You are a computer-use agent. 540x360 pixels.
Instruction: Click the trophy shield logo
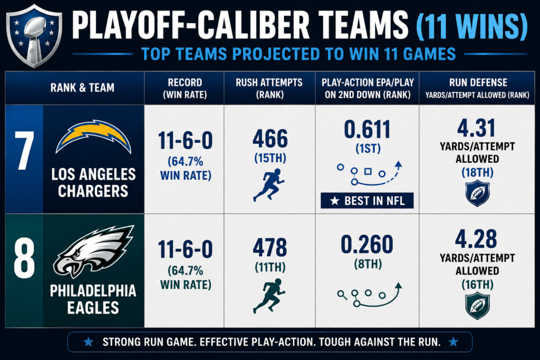coord(34,36)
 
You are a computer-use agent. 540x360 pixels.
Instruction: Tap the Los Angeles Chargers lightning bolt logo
coord(93,137)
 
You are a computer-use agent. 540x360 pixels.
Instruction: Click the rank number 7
coord(24,151)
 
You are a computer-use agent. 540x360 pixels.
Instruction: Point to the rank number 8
coord(24,258)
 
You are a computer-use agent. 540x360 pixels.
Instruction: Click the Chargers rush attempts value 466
coord(270,139)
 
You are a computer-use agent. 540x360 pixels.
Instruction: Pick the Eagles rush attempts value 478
coord(270,247)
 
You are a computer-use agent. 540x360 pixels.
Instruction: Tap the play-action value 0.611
coord(368,130)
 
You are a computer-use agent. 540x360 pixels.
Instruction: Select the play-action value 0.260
coord(367,244)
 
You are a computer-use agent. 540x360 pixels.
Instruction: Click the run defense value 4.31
coord(477,128)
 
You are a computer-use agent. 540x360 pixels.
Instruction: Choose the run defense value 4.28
coord(476,239)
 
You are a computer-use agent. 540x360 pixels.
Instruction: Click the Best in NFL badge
coord(367,200)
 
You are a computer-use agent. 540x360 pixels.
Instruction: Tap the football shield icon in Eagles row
coord(477,305)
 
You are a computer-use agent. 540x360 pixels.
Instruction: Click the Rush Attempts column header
coord(269,88)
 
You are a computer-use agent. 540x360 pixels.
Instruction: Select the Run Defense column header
coord(477,88)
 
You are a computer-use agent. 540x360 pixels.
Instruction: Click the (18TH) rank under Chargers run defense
coord(477,172)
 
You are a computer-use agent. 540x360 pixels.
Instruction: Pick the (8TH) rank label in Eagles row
coord(368,264)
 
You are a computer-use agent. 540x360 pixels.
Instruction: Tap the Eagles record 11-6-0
coord(185,249)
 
